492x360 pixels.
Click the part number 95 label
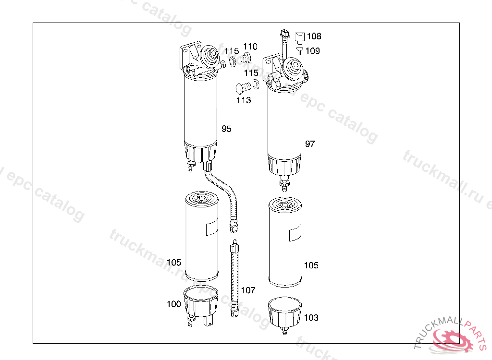point(226,129)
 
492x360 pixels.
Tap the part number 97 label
point(310,144)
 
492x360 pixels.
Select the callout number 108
point(314,36)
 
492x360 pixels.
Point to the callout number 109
point(312,51)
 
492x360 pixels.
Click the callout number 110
point(250,47)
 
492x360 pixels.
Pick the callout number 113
point(244,100)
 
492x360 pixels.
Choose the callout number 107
point(248,290)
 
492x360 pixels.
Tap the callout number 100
point(174,304)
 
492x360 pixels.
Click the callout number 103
point(311,318)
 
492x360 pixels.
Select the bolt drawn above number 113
point(243,87)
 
